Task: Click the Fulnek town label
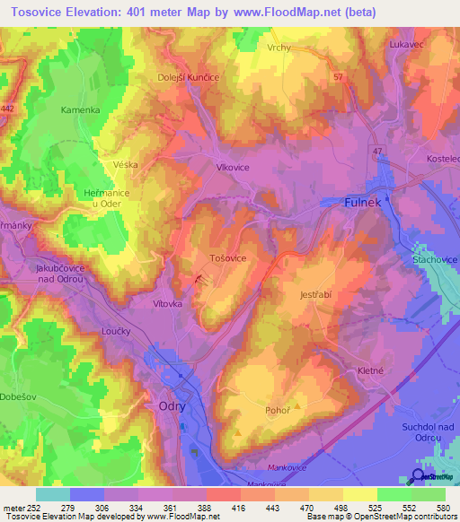[365, 203]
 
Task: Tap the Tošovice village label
[227, 257]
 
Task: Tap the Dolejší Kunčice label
[190, 78]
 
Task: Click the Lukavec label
[405, 43]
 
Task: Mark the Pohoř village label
[277, 410]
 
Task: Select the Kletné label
[371, 370]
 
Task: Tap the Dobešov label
[18, 396]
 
